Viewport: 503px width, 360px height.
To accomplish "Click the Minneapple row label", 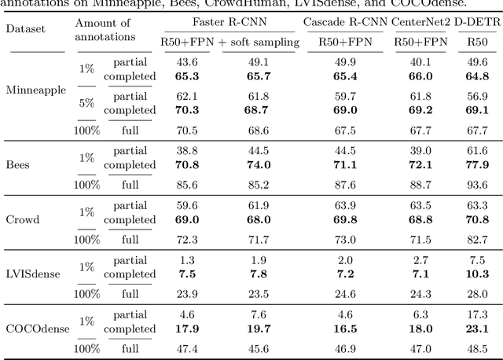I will (x=35, y=89).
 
